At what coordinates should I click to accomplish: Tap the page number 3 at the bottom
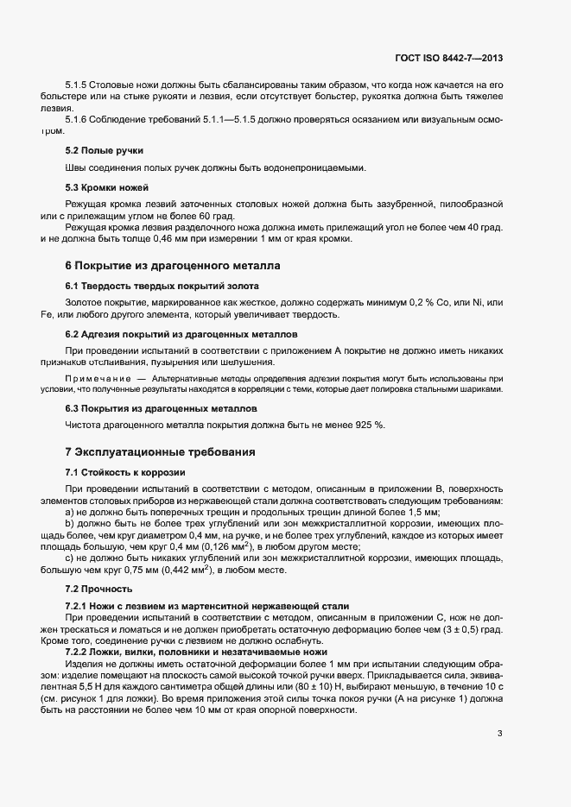coord(500,734)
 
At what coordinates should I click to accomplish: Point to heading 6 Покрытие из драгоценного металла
coord(173,266)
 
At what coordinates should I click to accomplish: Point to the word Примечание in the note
coord(98,379)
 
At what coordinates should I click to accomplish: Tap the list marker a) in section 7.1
coord(70,512)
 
